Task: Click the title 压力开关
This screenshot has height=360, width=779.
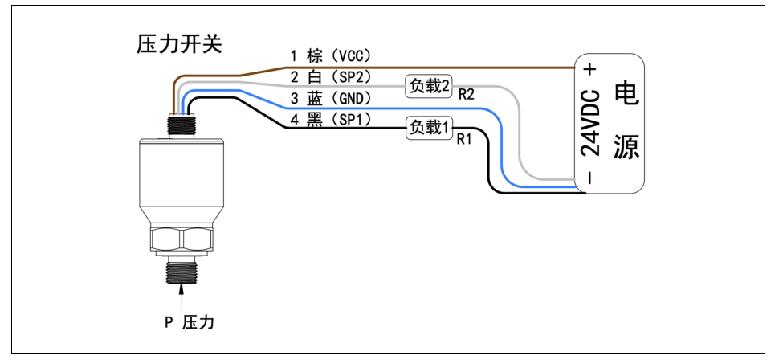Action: coord(179,45)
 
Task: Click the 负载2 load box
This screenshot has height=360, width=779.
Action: coord(430,85)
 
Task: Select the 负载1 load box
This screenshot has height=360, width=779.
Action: coord(430,127)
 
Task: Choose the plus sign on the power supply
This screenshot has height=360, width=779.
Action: coord(590,70)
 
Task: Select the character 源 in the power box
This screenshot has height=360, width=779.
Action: coord(625,146)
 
